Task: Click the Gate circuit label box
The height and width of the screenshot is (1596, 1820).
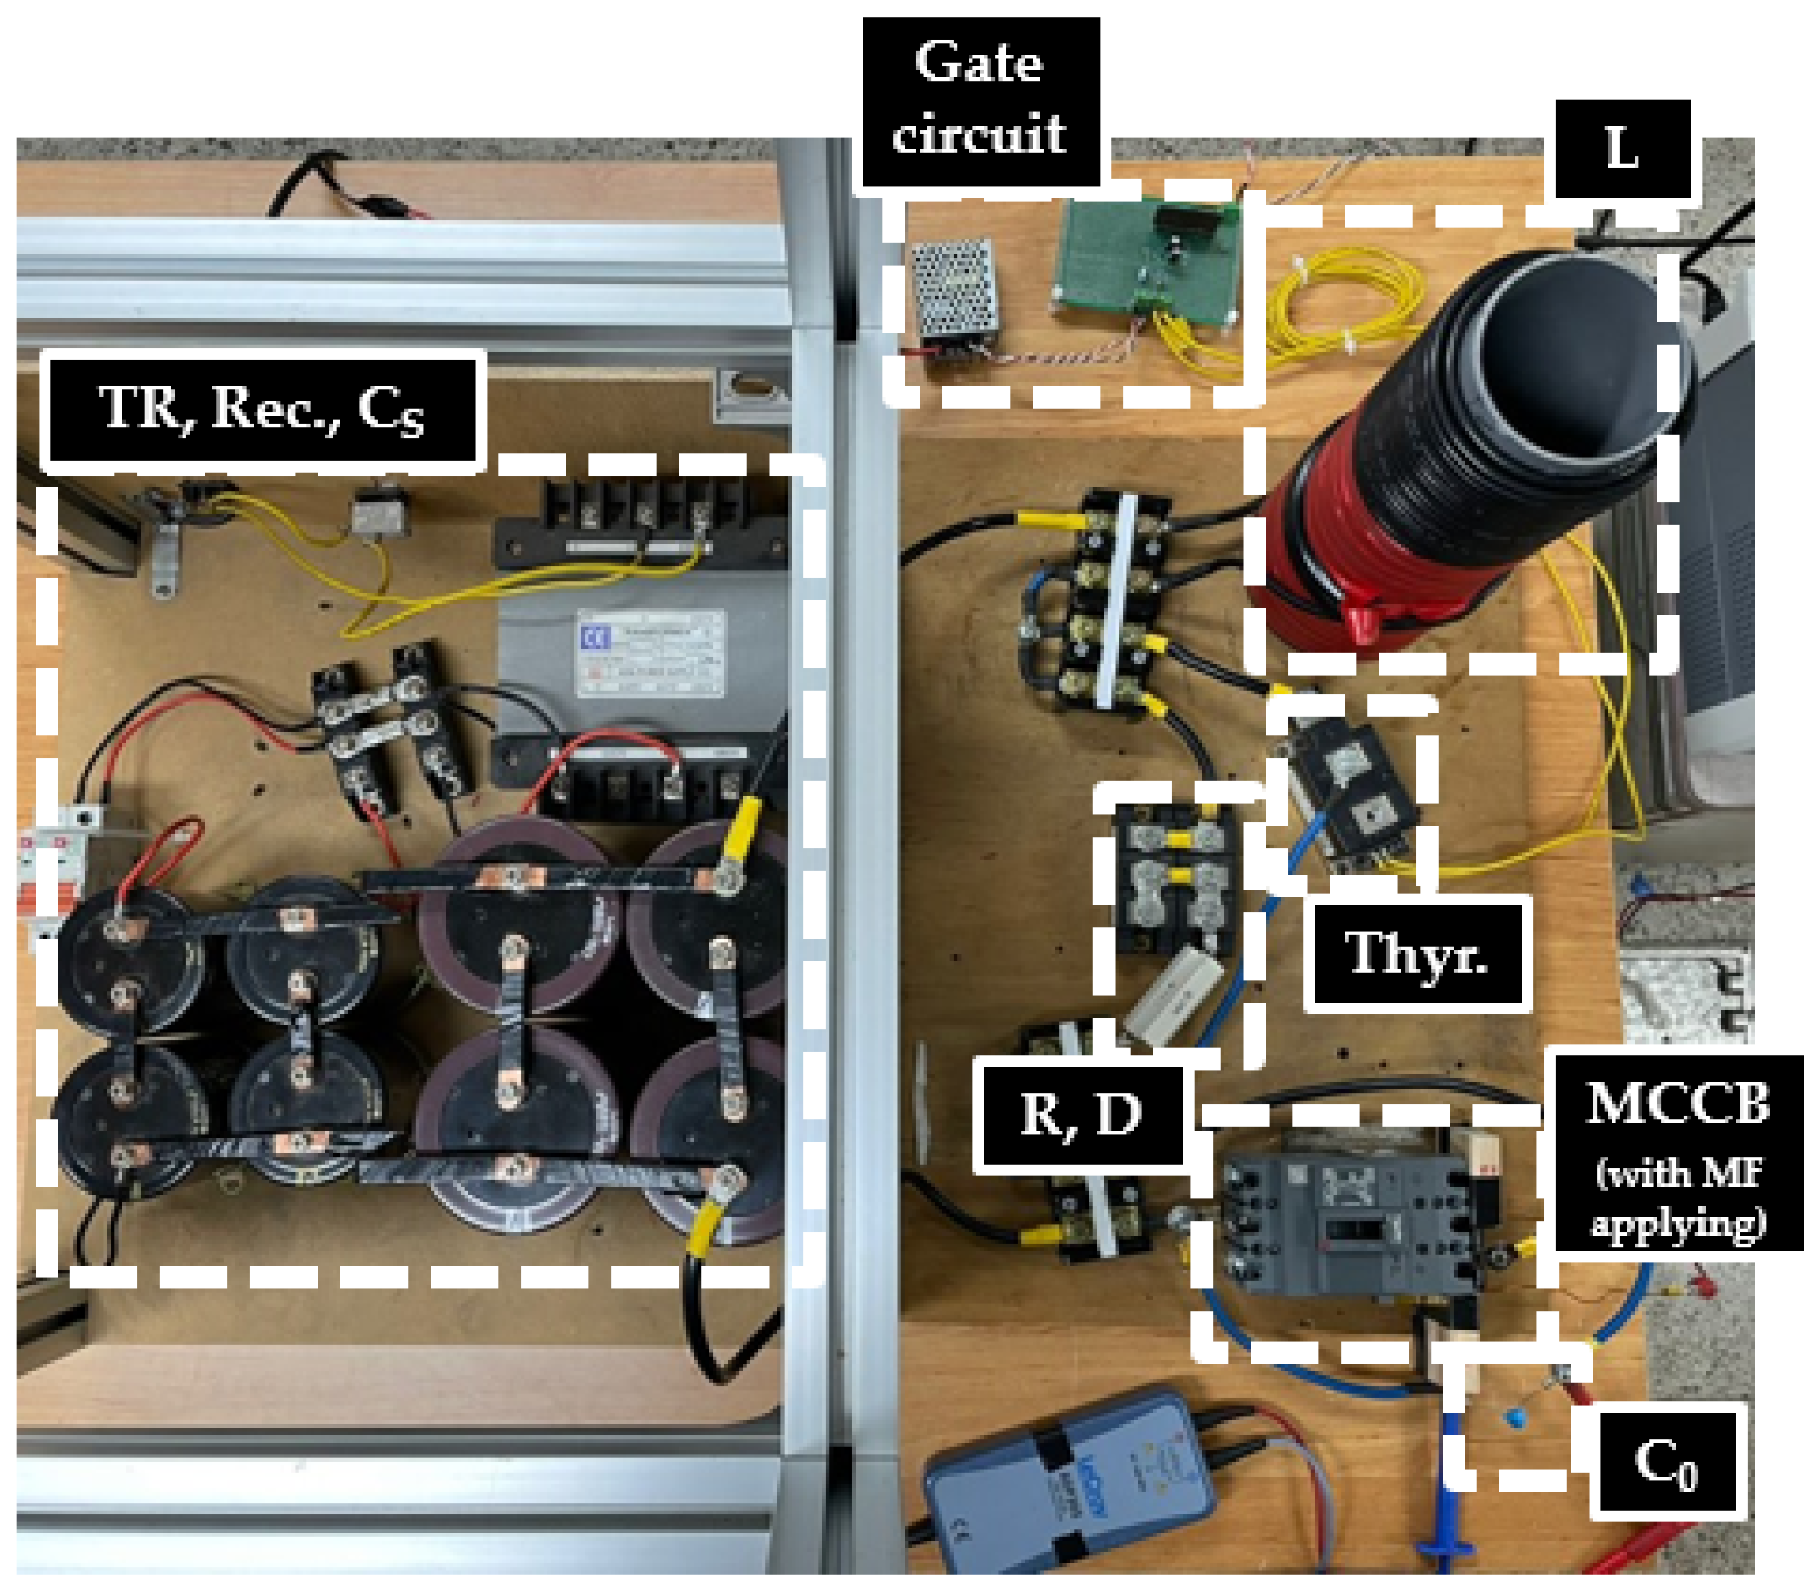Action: pyautogui.click(x=980, y=101)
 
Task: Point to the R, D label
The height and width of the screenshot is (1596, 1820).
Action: pyautogui.click(x=1080, y=1113)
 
